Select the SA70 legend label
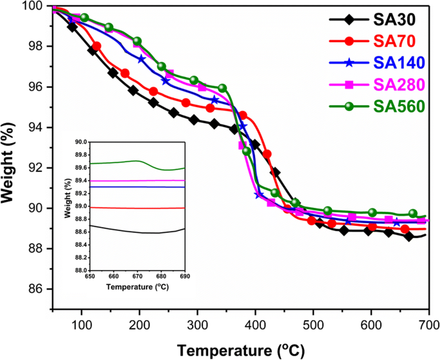coord(391,40)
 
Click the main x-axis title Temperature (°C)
coord(240,350)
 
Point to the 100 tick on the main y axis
coord(35,6)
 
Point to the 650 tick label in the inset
coord(91,277)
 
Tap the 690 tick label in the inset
coord(184,277)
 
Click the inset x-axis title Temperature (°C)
coord(138,287)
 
